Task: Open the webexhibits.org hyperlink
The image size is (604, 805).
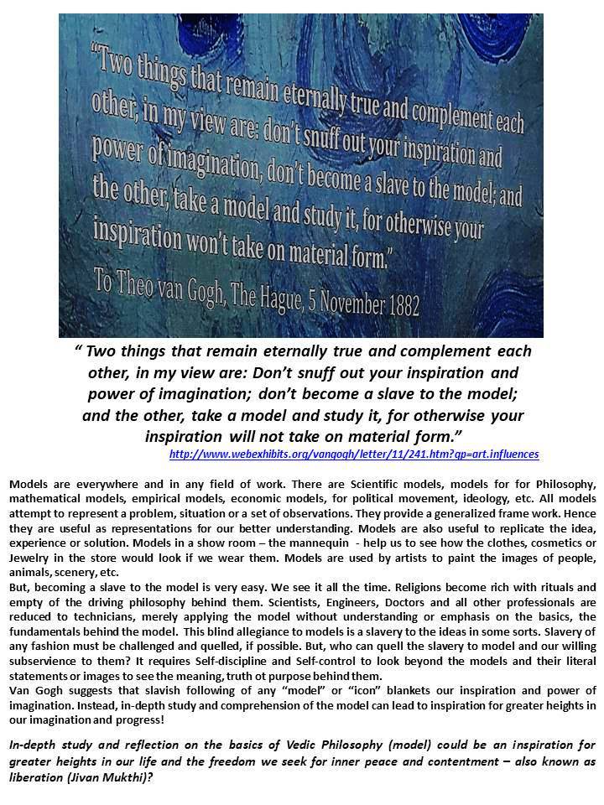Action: [x=353, y=454]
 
